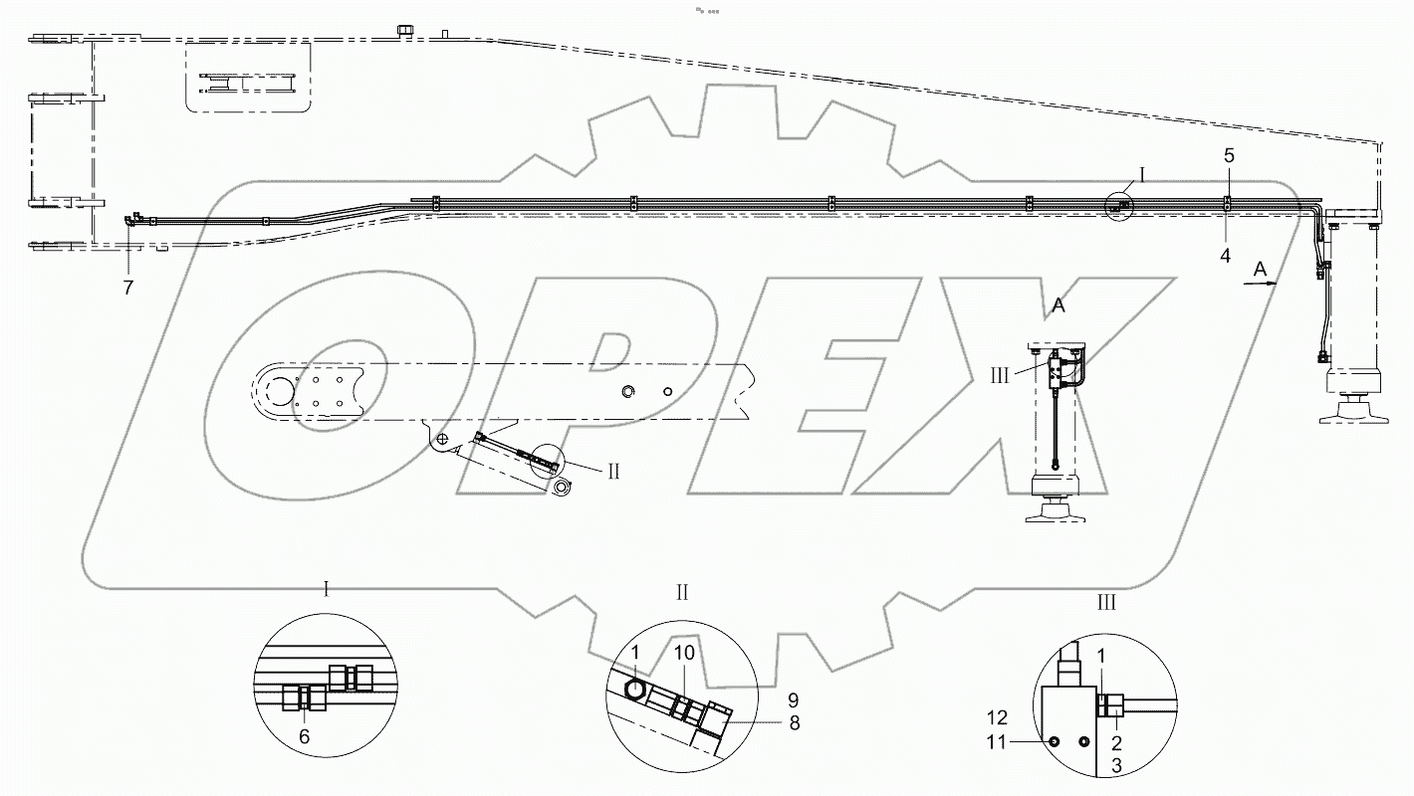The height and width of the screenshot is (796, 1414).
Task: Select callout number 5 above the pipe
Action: pos(1229,155)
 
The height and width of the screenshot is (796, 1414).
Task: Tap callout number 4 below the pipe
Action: pos(1226,255)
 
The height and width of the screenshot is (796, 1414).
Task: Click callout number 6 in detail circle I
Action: pos(305,737)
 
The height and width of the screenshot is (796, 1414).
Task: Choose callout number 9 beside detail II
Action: pos(795,699)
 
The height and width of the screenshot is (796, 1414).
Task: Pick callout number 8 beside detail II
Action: pos(795,724)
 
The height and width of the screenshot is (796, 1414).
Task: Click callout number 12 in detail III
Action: pos(998,717)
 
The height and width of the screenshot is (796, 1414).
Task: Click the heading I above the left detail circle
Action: pos(327,588)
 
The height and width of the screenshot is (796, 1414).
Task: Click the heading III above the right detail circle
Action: pos(1105,603)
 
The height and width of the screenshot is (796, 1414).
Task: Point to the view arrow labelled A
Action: pos(1261,283)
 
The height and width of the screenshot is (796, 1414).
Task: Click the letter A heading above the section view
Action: pos(1060,306)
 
